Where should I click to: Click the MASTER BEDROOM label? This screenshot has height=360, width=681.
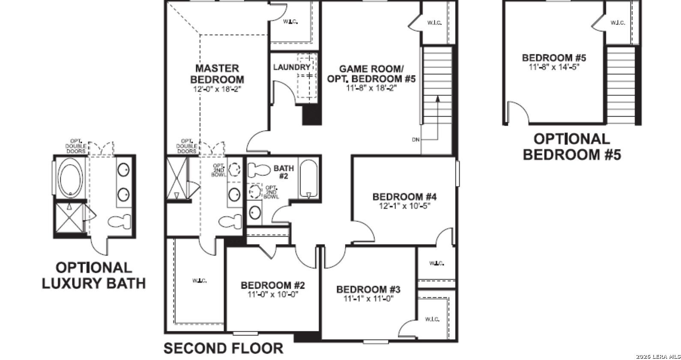tap(217, 74)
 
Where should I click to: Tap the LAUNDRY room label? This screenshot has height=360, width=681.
tap(291, 67)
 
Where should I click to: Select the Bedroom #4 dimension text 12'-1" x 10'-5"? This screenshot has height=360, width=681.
tap(404, 206)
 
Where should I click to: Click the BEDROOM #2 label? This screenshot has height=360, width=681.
tap(273, 285)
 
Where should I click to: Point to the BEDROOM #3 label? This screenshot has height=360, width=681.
tap(368, 289)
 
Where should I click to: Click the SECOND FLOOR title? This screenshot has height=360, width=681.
tap(223, 348)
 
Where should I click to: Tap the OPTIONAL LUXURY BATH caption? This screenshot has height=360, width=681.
tap(93, 275)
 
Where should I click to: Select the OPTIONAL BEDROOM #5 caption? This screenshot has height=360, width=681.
tap(571, 147)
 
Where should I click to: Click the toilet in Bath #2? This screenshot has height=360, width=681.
tap(257, 170)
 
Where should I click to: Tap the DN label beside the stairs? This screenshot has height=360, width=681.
tap(415, 139)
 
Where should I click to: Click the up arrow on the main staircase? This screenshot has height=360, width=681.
tap(438, 99)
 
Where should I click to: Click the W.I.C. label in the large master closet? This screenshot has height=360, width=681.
tap(199, 281)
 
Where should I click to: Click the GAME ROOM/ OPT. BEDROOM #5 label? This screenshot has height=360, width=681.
tap(371, 74)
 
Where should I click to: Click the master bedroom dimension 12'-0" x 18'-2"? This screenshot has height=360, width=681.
tap(217, 90)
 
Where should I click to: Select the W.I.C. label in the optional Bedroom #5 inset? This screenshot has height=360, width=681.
tap(618, 23)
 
